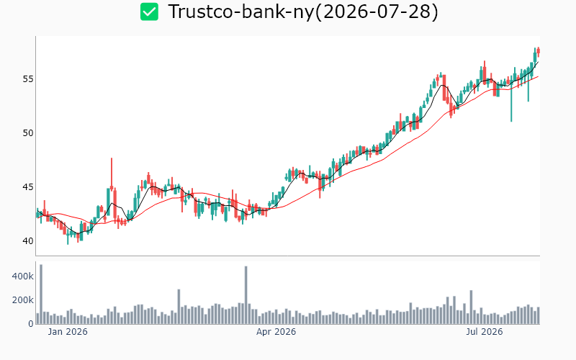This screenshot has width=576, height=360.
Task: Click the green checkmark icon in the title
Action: [x=149, y=12]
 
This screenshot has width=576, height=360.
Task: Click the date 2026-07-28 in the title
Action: [x=378, y=12]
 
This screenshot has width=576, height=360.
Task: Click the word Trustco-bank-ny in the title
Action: [x=241, y=12]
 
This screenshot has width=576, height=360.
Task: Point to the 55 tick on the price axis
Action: [x=28, y=79]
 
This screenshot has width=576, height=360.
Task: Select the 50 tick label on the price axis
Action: [x=28, y=133]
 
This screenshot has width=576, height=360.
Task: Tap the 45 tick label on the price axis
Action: [x=28, y=187]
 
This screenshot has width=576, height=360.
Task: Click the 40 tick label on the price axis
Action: [x=28, y=241]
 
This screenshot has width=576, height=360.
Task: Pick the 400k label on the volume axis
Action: [x=23, y=276]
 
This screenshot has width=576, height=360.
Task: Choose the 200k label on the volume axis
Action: [x=23, y=300]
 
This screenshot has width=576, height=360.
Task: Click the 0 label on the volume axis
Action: [x=31, y=324]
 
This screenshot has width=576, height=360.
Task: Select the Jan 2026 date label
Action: [x=68, y=332]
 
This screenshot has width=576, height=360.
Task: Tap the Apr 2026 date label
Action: [x=276, y=332]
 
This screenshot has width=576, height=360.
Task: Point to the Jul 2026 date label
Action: [x=484, y=332]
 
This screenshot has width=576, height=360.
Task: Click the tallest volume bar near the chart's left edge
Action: [x=41, y=294]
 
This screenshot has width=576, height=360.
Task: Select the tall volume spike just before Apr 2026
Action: [x=246, y=295]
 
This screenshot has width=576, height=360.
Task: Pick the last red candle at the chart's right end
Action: [x=538, y=52]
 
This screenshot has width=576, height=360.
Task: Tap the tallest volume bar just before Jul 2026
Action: [x=471, y=307]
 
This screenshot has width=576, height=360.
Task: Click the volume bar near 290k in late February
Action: [x=179, y=307]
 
